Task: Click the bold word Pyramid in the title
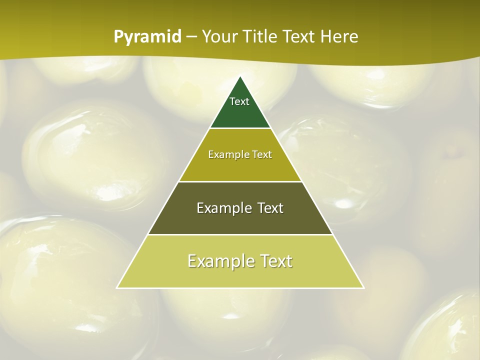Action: tap(147, 37)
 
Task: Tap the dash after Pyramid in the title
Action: tap(191, 37)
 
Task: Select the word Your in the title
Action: tap(220, 37)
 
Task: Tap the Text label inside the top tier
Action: tap(239, 101)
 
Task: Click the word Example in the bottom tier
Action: tap(218, 261)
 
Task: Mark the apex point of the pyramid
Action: tap(240, 77)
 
